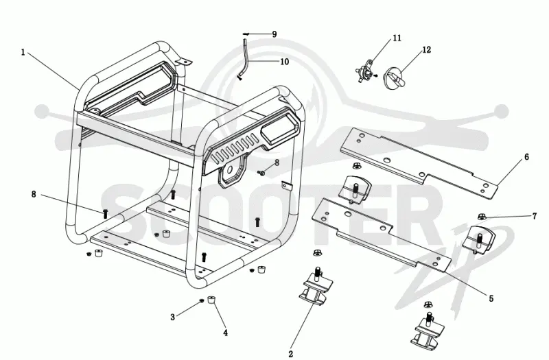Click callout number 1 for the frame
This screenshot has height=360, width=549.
point(23,53)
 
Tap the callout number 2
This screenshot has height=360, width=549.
point(290,354)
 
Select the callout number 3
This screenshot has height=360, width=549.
point(172,317)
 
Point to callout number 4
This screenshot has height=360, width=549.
point(226,333)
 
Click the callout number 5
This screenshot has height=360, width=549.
point(491,298)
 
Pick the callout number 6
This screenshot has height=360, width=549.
point(526,157)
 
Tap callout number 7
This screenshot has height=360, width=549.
point(535,216)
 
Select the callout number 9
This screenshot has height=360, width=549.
point(274,34)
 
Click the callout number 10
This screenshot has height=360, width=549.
point(284,62)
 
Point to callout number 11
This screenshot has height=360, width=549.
point(397,38)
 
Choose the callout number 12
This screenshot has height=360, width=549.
point(426,49)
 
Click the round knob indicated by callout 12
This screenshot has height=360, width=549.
point(394,79)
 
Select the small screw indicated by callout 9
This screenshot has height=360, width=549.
point(246,34)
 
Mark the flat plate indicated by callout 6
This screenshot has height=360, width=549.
point(419,163)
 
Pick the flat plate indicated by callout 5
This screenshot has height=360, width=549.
point(382,235)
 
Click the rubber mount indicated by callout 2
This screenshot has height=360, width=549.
point(314,287)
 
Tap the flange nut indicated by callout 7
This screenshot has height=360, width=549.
point(482,217)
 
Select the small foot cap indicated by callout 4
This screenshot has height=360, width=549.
point(211,300)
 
